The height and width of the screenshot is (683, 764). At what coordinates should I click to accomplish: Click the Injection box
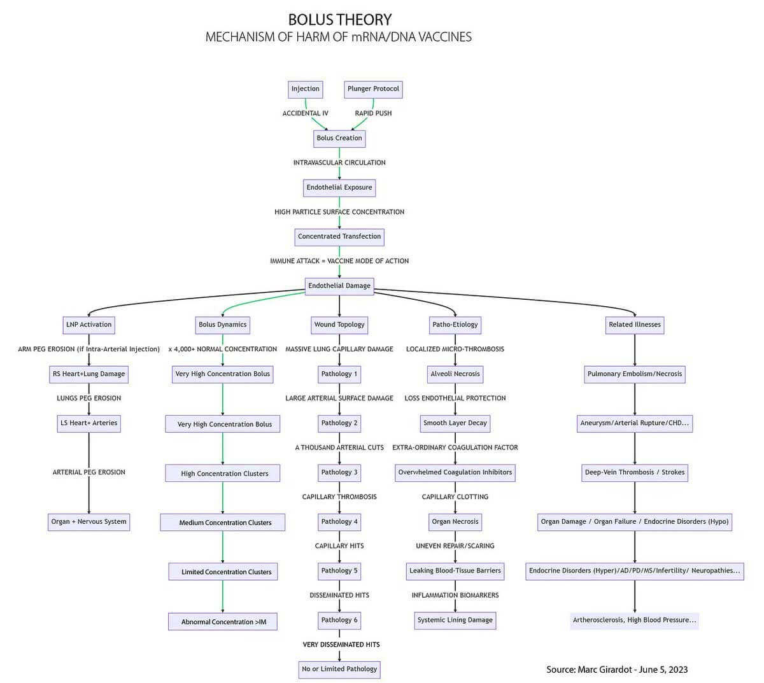click(305, 89)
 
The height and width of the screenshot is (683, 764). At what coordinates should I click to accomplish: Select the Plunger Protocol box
click(373, 89)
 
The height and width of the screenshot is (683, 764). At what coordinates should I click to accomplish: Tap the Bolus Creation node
click(339, 138)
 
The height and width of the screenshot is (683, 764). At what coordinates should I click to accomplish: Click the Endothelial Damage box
click(339, 286)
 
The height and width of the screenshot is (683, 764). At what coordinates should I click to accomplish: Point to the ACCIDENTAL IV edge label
click(305, 113)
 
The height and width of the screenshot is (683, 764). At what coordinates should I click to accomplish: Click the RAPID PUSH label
click(373, 113)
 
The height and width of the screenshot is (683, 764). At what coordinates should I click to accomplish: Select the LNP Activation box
click(88, 325)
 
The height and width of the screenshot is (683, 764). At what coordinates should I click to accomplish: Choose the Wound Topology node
click(339, 325)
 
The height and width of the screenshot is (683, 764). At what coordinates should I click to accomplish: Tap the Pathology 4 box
click(339, 522)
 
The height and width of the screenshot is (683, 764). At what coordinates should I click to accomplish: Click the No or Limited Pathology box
click(339, 670)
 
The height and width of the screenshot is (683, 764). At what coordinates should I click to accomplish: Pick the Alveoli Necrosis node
click(455, 374)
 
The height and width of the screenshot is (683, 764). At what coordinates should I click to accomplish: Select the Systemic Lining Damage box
click(455, 621)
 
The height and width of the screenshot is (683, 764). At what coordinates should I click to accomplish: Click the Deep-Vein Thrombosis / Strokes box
click(634, 473)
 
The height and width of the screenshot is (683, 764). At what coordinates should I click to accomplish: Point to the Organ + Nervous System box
click(88, 522)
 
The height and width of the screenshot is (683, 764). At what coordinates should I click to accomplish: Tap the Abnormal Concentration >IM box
click(223, 621)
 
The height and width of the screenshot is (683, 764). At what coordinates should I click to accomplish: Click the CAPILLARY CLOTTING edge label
click(455, 496)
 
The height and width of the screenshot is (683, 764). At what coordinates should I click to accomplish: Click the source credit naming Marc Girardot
click(617, 670)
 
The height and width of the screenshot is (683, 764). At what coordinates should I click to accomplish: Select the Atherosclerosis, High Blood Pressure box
click(634, 621)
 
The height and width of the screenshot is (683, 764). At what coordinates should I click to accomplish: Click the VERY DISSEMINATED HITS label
click(341, 645)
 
